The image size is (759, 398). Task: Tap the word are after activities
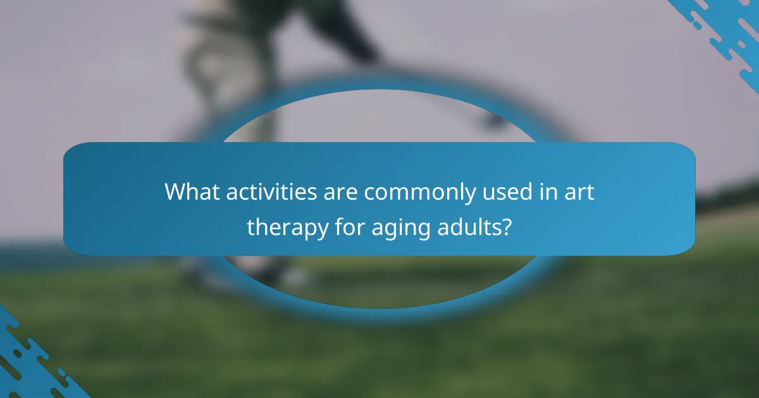pyautogui.click(x=342, y=192)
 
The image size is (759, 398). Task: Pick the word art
pyautogui.click(x=577, y=192)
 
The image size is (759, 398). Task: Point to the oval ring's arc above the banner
pyautogui.click(x=379, y=95)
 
